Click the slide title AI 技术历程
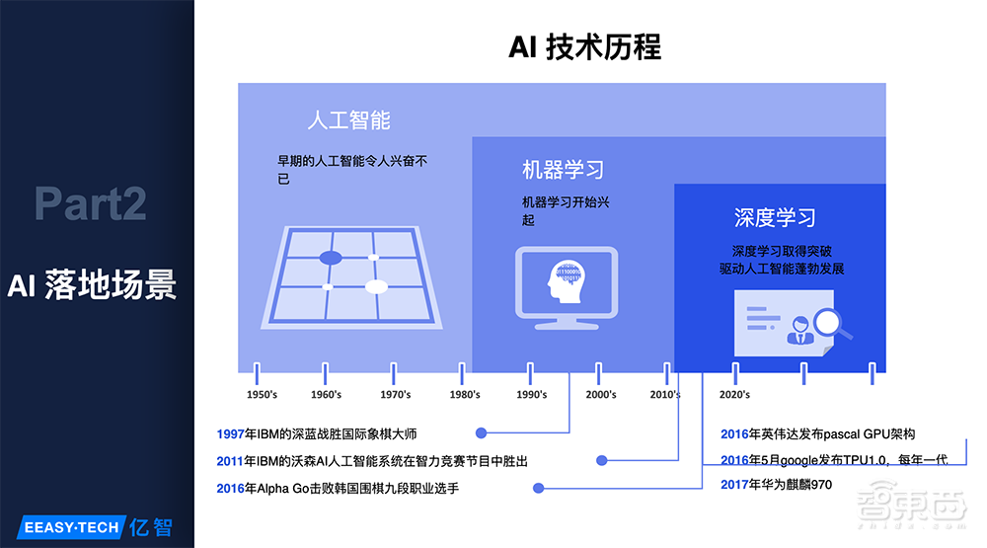(x=584, y=46)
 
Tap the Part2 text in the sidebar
(x=90, y=203)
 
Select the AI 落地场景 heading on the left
(x=91, y=284)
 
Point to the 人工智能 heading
(x=348, y=120)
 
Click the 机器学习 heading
(x=563, y=170)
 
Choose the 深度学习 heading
(x=775, y=218)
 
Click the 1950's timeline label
(x=262, y=395)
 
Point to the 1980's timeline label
(x=465, y=395)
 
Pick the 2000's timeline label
(x=600, y=395)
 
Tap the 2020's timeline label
(x=734, y=395)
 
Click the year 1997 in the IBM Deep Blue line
(x=230, y=433)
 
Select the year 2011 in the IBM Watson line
(x=230, y=461)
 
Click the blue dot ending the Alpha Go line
(x=538, y=488)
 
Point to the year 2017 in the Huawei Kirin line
(x=735, y=485)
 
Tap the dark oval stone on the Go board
(x=331, y=258)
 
